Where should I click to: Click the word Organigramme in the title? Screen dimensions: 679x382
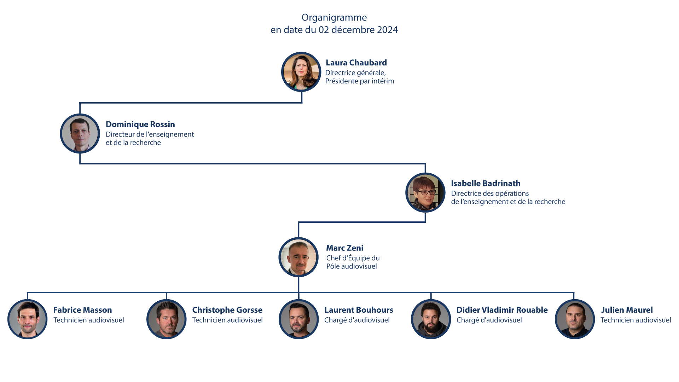(334, 18)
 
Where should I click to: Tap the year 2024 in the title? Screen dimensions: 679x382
(387, 30)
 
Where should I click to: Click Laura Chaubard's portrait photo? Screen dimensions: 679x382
(301, 72)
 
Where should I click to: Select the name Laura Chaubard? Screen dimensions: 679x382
(356, 63)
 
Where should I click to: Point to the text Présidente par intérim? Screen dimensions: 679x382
(360, 81)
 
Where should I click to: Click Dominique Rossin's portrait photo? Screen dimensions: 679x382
(80, 133)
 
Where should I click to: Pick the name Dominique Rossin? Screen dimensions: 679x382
(140, 124)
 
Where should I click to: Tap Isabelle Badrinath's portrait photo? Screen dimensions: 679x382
(425, 192)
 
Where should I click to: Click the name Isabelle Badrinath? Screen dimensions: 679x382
(486, 183)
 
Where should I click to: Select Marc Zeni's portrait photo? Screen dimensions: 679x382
(299, 257)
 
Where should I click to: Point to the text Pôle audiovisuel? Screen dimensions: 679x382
(352, 266)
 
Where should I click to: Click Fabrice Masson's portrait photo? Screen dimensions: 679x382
(27, 319)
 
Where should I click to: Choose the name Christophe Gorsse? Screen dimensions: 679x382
(227, 310)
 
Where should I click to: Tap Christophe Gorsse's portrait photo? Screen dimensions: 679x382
(167, 319)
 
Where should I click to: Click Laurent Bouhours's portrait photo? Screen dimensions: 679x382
(299, 319)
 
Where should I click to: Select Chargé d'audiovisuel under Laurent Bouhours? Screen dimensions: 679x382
(357, 320)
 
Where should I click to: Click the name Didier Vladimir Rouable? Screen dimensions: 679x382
(502, 310)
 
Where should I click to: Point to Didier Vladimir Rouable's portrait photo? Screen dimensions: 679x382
(431, 319)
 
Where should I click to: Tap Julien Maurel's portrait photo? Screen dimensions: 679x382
(575, 319)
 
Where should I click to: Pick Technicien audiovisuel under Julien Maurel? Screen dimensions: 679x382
(636, 320)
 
